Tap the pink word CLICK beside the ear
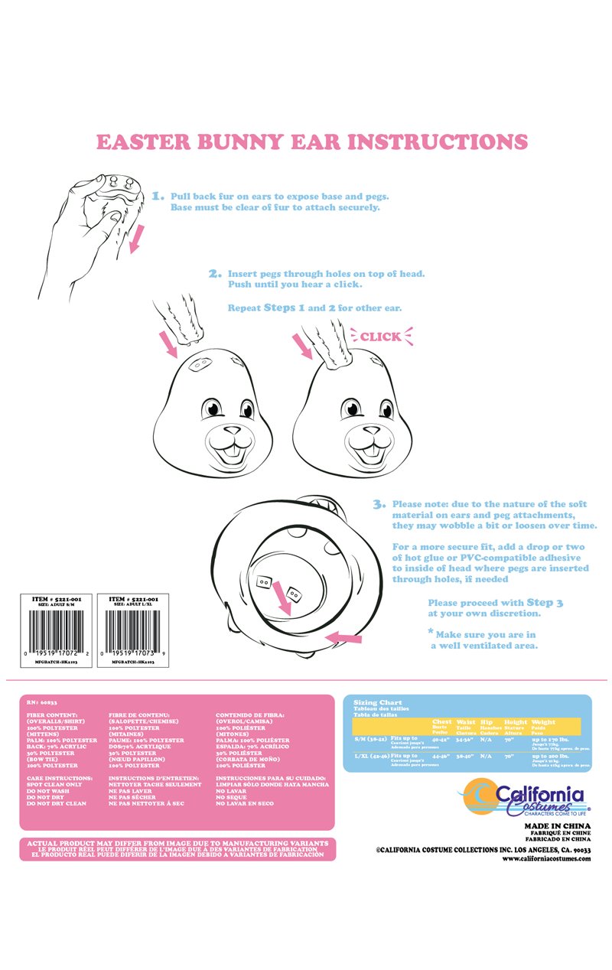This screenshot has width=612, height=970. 380,337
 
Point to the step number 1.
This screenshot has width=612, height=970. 158,196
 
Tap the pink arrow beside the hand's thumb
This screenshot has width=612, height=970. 137,242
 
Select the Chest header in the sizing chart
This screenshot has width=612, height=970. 441,721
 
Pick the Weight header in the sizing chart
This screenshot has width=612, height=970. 543,721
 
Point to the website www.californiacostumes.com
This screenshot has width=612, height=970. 546,858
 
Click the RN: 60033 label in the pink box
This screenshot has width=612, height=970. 42,701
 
